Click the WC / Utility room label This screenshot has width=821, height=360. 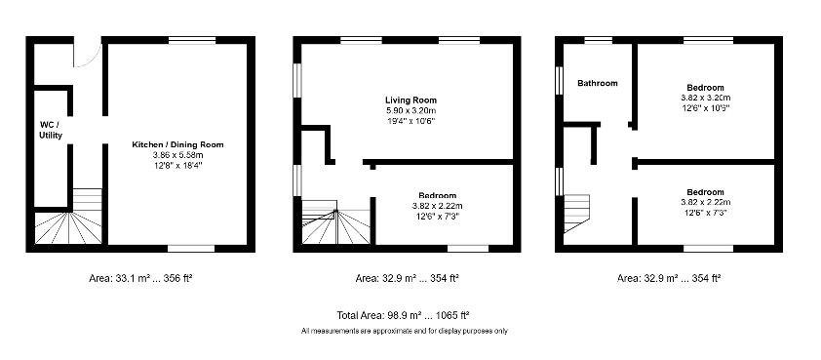point(51,130)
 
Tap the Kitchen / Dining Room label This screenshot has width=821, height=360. point(178,144)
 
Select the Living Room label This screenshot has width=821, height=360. point(410,100)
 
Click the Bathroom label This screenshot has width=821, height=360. point(597,83)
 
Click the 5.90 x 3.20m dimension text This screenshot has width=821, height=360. point(410,110)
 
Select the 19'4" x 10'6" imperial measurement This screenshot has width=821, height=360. point(410,121)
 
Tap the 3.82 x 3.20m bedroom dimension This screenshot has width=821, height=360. point(705,98)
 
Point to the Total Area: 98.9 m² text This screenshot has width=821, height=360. point(402,315)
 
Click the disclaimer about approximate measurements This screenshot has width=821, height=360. point(405,332)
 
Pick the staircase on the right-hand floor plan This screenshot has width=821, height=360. point(577,215)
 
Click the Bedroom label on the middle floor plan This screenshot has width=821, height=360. point(437,195)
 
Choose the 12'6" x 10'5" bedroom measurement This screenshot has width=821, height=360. point(705,107)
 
